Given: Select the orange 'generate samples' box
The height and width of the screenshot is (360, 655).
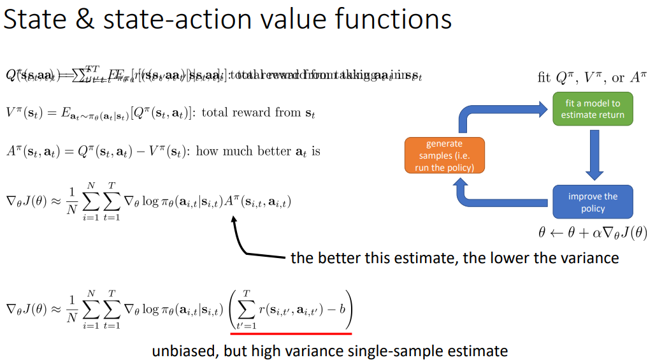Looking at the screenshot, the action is point(444,155).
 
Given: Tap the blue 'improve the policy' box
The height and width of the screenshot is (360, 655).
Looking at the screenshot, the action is point(593,202).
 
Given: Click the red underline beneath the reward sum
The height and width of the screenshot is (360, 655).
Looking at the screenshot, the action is point(291,333).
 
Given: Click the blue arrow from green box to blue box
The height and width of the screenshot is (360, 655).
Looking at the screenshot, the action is point(595,155).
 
